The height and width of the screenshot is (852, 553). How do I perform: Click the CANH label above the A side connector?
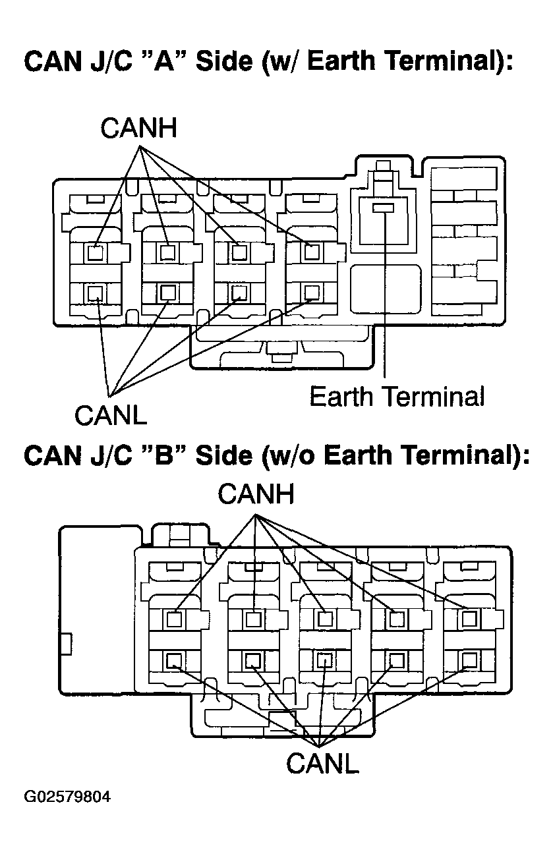[139, 128]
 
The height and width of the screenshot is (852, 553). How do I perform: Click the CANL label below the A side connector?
[111, 415]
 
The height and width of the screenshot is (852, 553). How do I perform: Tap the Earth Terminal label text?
[397, 396]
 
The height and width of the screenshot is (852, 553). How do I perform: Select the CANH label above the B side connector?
[256, 494]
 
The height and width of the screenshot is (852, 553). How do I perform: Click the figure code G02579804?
[67, 796]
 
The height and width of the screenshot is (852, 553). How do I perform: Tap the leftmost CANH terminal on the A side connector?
[95, 252]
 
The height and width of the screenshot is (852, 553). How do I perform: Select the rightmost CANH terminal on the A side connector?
[311, 252]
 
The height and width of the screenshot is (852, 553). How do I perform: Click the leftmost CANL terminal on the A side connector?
[95, 293]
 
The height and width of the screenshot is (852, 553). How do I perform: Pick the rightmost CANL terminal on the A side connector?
[312, 292]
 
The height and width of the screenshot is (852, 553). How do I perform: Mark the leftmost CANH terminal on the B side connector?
[174, 620]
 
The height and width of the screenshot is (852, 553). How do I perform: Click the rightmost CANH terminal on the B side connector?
[469, 619]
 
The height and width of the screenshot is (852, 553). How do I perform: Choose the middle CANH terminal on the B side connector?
[325, 619]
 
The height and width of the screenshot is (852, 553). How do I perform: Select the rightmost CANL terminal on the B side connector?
[469, 660]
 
